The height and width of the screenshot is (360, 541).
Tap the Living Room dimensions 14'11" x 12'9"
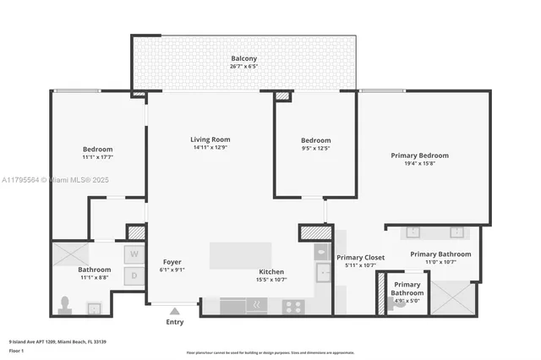pos(210,148)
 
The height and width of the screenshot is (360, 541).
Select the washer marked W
pos(134,254)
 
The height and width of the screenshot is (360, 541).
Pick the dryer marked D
pos(134,275)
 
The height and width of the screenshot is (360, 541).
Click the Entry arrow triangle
pos(175,310)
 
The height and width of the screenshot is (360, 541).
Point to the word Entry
pos(175,321)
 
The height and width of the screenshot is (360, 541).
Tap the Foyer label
pos(172,262)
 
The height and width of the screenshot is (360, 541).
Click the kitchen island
pos(241,255)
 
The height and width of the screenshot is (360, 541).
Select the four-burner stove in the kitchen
pos(292,307)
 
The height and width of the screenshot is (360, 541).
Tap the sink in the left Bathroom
pos(95,308)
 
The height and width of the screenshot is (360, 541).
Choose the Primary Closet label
pos(361,258)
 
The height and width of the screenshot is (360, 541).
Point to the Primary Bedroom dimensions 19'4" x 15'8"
pos(419,165)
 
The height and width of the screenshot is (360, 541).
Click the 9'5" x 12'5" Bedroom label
pos(315,140)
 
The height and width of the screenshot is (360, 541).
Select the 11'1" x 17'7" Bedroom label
pos(97,150)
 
